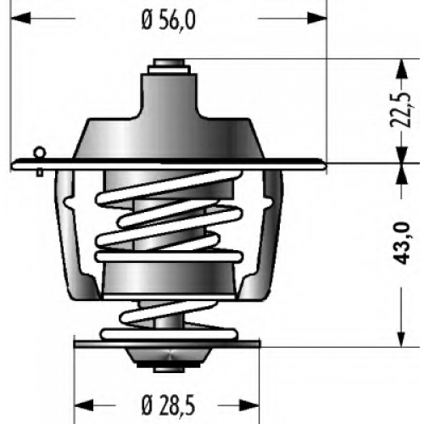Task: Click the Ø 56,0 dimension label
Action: coord(169,20)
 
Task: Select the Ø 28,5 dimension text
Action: coord(168,406)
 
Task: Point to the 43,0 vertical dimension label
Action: coord(401,243)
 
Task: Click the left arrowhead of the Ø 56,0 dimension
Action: coord(20,18)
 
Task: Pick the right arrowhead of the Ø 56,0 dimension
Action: coord(317,18)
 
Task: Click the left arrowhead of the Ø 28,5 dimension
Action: coord(84,405)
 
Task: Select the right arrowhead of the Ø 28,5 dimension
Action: coord(249,405)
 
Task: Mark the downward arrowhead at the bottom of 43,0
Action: coord(402,338)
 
